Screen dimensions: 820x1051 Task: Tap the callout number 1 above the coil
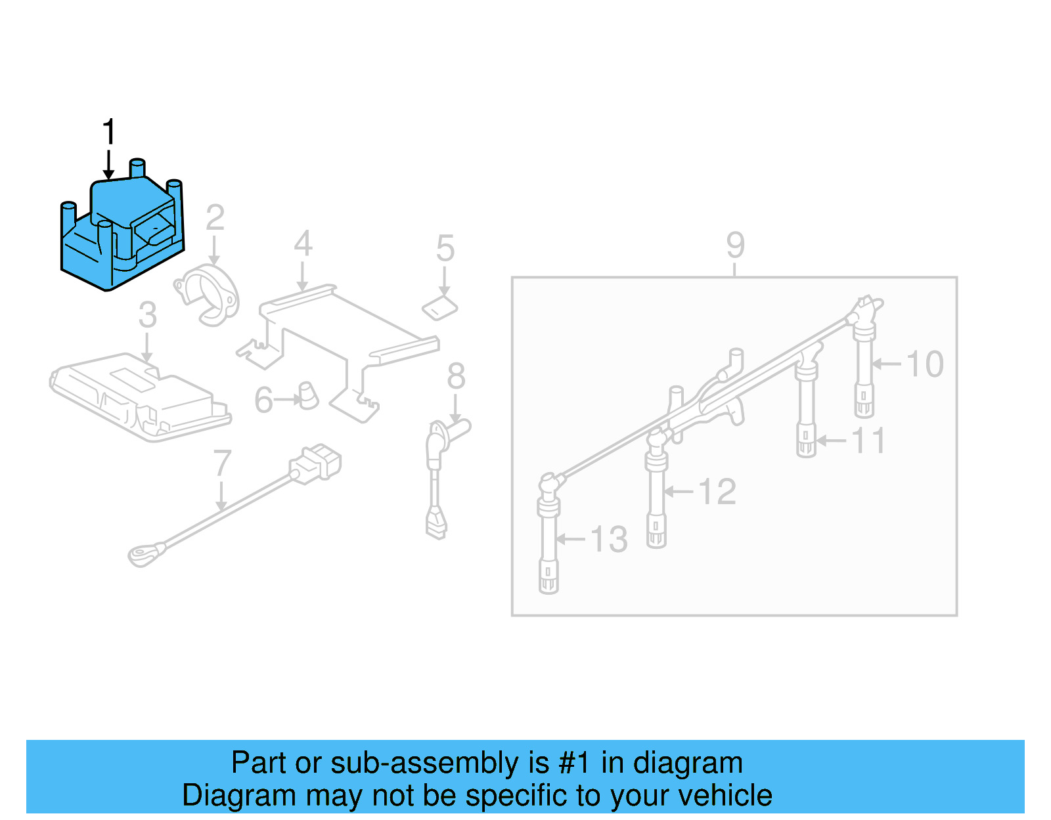[x=108, y=133]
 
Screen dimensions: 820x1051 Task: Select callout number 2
[x=215, y=218]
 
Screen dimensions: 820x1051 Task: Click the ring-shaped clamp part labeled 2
[x=209, y=295]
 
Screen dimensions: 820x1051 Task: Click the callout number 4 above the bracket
[x=302, y=244]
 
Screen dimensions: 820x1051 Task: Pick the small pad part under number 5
[x=439, y=307]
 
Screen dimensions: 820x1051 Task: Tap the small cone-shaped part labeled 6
[x=307, y=395]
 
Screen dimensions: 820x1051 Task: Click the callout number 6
[x=263, y=400]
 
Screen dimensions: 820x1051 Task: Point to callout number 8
[x=456, y=377]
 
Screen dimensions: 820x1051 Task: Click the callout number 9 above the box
[x=735, y=245]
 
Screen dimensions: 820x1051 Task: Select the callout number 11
[x=868, y=441]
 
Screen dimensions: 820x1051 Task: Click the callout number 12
[x=717, y=492]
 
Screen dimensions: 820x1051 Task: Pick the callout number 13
[x=609, y=540]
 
